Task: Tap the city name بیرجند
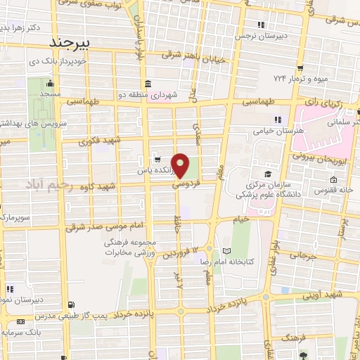pos(72,42)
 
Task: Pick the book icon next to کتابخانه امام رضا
pos(226,250)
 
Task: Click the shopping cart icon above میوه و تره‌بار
pos(300,68)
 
